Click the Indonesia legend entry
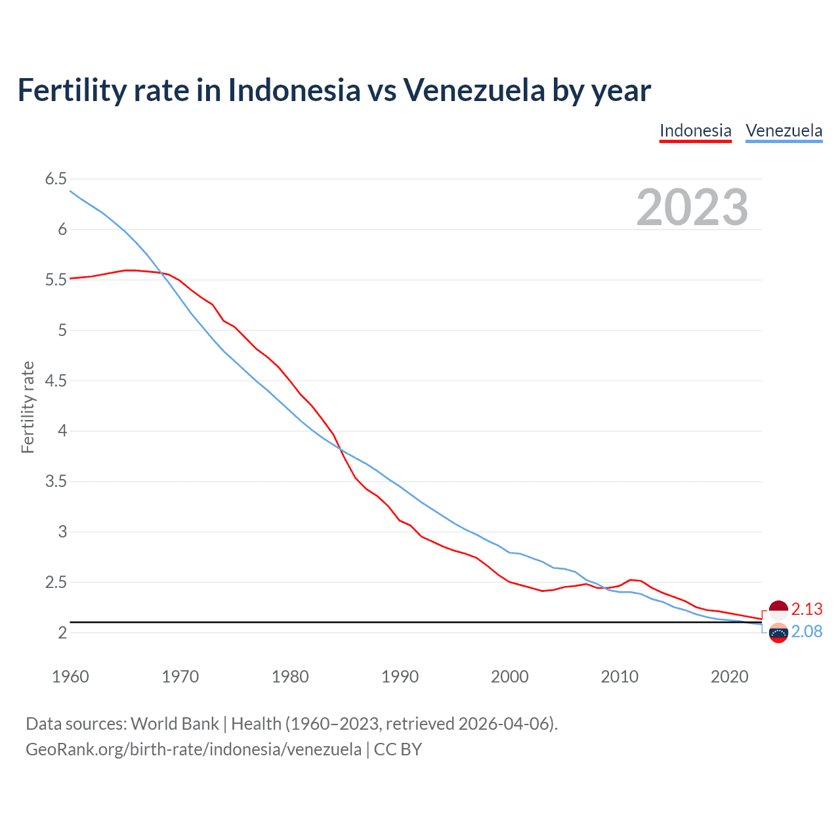pos(695,131)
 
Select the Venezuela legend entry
pos(784,131)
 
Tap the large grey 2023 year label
pos(692,207)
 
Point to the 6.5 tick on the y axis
pos(56,179)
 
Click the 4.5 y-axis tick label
pos(56,381)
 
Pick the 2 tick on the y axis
pos(62,633)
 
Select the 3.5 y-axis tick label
pos(56,482)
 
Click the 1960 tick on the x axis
pos(70,677)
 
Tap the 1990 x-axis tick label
pos(400,677)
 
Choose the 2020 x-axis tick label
pos(729,677)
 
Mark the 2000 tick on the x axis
pos(509,677)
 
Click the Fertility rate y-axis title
pos(28,407)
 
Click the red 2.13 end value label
pos(807,610)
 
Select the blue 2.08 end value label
pos(807,631)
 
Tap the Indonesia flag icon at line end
pos(778,610)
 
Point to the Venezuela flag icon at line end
pos(778,633)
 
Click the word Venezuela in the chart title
pos(474,90)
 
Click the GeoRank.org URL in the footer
pos(194,749)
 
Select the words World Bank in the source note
pos(175,724)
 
